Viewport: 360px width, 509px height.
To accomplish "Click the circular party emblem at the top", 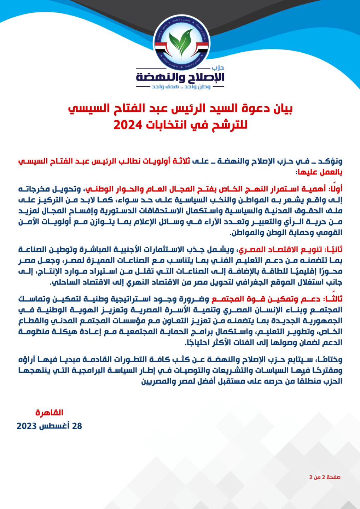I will tap(181, 42).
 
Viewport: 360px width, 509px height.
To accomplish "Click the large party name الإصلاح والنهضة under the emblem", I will tap(180, 77).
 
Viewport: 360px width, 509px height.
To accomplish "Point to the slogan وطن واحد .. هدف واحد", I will tap(181, 87).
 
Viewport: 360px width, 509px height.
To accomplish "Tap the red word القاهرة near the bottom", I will tap(49, 413).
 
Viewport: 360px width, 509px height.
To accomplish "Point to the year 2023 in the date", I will tap(27, 426).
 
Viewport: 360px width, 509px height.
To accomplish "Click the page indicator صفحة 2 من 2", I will tap(325, 477).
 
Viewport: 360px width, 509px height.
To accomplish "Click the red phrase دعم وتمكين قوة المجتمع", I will tap(266, 299).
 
